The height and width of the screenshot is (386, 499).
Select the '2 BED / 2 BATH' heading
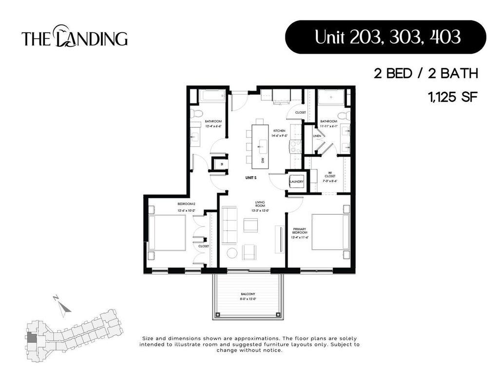[x=425, y=74]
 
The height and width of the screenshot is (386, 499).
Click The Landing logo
[x=75, y=37]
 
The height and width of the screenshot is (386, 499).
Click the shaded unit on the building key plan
[x=31, y=337]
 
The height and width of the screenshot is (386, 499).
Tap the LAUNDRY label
[x=297, y=182]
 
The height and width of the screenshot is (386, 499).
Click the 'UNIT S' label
[x=250, y=178]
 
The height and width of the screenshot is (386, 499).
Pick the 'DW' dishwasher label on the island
[x=262, y=160]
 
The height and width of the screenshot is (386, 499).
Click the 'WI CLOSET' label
[x=329, y=176]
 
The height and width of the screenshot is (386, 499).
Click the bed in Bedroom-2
[x=167, y=233]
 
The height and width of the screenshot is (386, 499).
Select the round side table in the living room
[x=232, y=252]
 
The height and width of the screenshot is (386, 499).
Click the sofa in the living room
[x=229, y=225]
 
